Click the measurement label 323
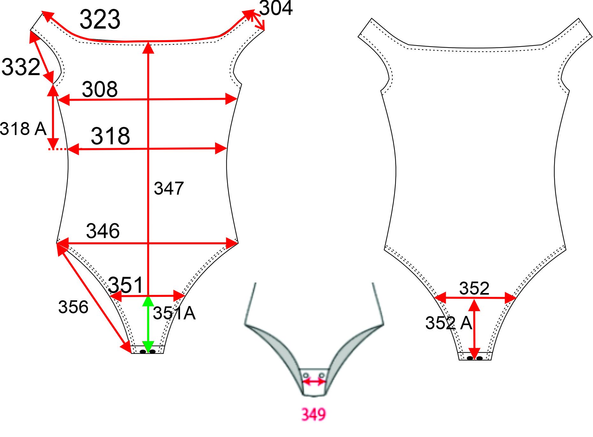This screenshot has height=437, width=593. tap(100, 19)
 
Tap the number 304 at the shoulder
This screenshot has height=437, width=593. tap(276, 8)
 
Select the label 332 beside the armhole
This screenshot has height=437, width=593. tap(21, 67)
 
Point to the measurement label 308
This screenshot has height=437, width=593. tap(100, 89)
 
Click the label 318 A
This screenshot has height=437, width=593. tap(23, 129)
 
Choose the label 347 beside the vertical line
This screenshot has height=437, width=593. tap(169, 188)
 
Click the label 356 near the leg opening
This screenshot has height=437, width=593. tap(73, 307)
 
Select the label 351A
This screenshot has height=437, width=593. tap(174, 313)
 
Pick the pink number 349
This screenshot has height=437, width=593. tap(314, 414)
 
